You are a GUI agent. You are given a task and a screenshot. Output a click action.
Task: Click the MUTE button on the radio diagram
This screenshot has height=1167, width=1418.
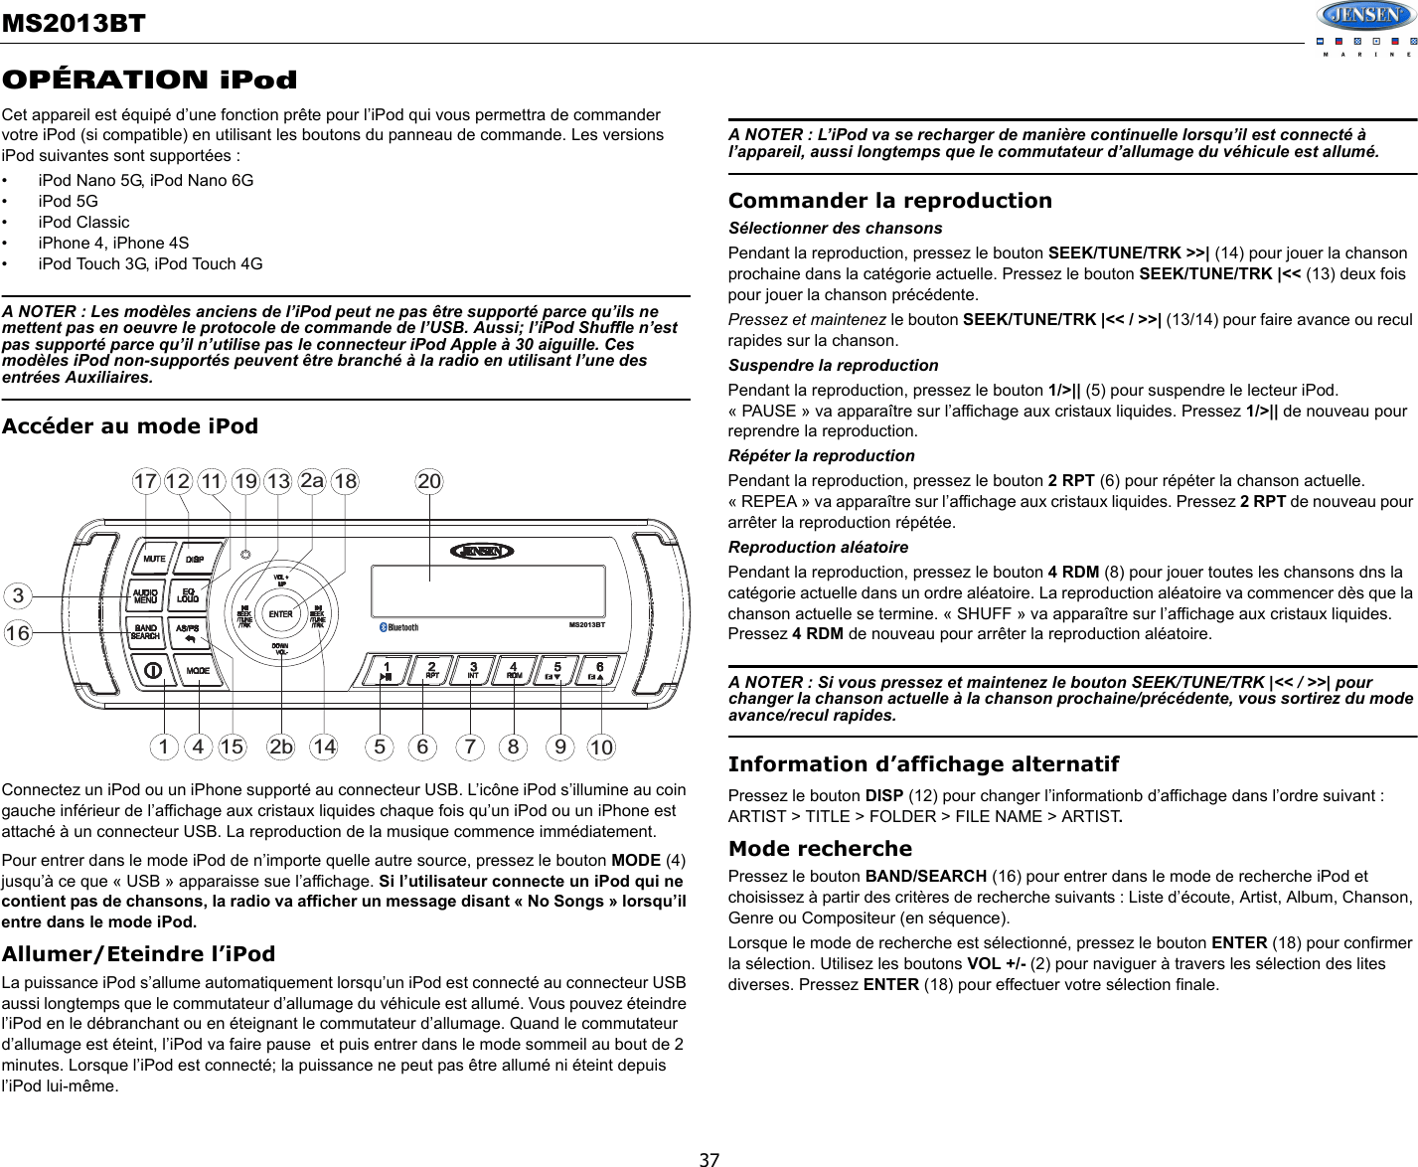[x=154, y=559]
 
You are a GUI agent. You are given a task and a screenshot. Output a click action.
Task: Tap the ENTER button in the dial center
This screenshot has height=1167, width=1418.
[x=281, y=614]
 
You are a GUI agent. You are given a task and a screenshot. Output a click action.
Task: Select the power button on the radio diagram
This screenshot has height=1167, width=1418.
[x=153, y=670]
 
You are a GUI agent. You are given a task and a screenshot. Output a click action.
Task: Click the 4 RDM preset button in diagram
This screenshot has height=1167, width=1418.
[x=514, y=670]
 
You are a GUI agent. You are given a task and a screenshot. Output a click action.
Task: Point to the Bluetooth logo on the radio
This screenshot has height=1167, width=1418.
[x=401, y=627]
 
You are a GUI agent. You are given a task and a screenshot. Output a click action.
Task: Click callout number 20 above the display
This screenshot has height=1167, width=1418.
[x=429, y=481]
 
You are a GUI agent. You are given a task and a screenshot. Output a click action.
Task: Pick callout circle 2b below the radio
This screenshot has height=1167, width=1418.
[x=282, y=746]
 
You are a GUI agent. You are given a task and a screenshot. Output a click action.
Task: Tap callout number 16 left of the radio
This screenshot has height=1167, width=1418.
[x=17, y=633]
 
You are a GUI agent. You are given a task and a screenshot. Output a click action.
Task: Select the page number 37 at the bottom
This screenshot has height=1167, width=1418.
[x=709, y=1158]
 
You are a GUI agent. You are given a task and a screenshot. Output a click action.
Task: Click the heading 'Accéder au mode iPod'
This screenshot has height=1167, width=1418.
[x=130, y=426]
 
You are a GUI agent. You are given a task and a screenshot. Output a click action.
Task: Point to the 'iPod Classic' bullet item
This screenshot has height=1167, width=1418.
[x=83, y=222]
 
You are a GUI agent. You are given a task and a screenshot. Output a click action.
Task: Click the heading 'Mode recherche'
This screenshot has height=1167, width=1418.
[x=820, y=848]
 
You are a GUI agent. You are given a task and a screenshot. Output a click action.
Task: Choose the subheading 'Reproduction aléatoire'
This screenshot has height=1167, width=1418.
[x=818, y=547]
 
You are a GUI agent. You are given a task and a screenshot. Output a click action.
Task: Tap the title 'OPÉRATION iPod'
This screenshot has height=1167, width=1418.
[x=149, y=79]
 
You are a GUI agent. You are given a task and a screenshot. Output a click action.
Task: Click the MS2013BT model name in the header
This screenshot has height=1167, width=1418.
[x=73, y=21]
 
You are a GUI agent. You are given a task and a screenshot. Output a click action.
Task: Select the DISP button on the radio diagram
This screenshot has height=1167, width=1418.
[x=195, y=559]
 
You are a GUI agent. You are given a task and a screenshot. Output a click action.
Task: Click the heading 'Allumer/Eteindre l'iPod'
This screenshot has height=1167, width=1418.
[x=139, y=953]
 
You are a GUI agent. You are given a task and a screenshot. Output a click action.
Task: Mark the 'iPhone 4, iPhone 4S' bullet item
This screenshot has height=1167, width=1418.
[x=113, y=243]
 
